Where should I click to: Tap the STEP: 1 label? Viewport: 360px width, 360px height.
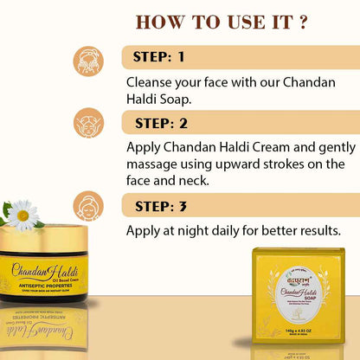pyautogui.click(x=160, y=58)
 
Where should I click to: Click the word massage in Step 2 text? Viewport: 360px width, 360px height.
pyautogui.click(x=153, y=164)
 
